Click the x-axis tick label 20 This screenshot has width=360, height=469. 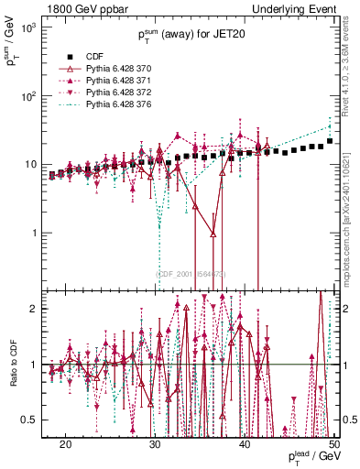click(65, 443)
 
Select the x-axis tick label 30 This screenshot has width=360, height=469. click(155, 443)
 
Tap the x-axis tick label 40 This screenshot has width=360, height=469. click(245, 443)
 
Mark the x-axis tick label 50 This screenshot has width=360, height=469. click(333, 443)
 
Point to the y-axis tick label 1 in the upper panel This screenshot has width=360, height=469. click(38, 233)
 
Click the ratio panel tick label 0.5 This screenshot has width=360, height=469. click(32, 420)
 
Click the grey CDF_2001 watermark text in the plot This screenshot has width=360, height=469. click(191, 273)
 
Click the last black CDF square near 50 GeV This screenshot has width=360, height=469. click(330, 141)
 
